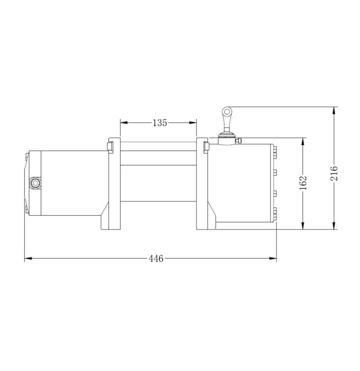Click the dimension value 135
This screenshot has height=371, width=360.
[159, 123]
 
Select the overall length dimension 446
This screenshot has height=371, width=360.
[155, 259]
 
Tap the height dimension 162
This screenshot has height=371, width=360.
[303, 183]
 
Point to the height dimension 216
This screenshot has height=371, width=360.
[334, 173]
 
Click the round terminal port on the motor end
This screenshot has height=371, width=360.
[36, 183]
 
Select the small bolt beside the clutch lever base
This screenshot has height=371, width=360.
[239, 141]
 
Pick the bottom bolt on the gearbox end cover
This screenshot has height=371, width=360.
[275, 215]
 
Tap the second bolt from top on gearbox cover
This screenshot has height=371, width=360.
[275, 172]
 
